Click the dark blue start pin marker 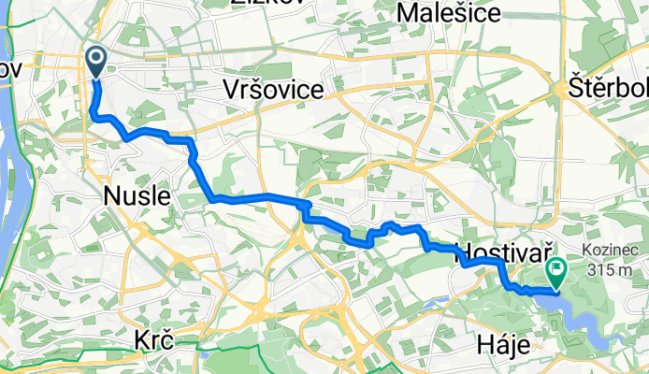coord(96,61)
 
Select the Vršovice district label coord(273,89)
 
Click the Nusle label coord(137,196)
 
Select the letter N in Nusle coord(110,196)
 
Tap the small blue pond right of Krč coord(204,354)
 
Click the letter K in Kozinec coord(585,251)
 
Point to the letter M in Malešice coord(407,12)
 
